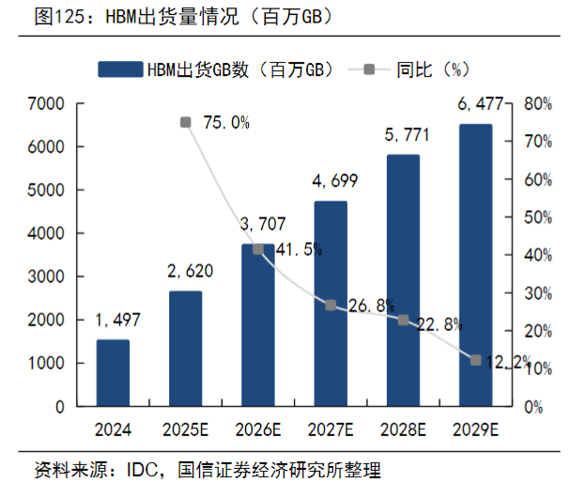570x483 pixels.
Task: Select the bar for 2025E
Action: pos(185,349)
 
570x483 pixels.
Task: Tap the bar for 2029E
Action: pos(475,265)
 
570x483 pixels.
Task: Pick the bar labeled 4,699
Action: pos(331,304)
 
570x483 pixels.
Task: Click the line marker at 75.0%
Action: pos(185,122)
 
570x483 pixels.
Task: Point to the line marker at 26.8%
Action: pos(331,305)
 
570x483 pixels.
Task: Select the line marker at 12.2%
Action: pos(475,360)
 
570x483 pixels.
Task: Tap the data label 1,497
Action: pos(117,321)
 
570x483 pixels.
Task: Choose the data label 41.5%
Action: pos(300,249)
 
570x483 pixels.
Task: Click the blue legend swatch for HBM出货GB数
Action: pos(118,68)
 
